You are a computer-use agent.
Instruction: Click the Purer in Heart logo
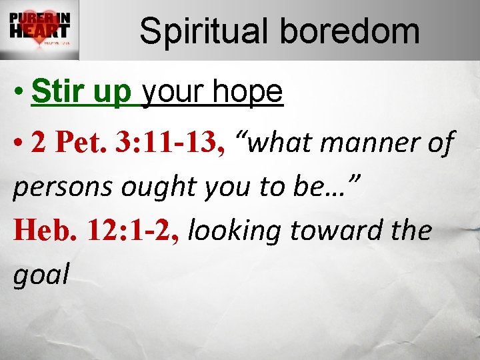click(x=39, y=30)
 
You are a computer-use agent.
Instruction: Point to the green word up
click(x=113, y=94)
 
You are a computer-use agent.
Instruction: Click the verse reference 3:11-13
click(x=169, y=142)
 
